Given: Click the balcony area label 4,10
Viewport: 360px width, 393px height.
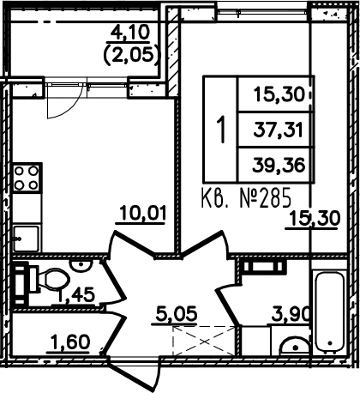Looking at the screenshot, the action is point(130,33).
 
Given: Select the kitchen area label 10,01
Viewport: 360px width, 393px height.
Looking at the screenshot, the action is point(143,213).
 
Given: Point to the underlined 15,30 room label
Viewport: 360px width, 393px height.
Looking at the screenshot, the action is point(315,218).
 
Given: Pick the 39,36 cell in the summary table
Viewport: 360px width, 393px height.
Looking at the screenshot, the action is point(279,165).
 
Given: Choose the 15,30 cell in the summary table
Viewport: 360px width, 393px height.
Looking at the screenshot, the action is point(279,94).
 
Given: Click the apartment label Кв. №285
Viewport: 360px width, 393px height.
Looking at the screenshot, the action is point(246,197).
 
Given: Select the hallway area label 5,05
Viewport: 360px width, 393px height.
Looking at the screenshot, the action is point(177,313).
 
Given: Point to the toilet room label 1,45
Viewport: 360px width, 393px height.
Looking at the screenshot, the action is point(76,294).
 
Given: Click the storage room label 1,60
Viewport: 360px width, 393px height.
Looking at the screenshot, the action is point(70,342).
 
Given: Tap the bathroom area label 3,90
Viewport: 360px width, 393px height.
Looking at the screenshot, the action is point(291,314).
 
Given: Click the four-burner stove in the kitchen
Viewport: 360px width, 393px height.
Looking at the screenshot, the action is point(27,178).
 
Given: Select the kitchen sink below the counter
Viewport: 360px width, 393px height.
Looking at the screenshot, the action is point(27,239).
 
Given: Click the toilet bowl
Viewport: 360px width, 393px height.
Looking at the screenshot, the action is point(53,279).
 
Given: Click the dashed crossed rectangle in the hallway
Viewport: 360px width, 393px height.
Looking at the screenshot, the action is point(204,341).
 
